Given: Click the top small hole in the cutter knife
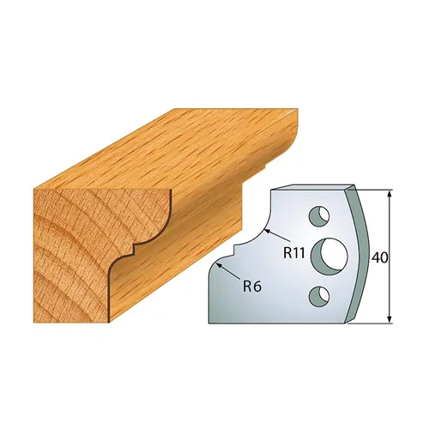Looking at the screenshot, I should point(320,214).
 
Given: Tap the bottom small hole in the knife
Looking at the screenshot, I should point(320,295).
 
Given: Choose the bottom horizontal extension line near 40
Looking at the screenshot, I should point(378,325).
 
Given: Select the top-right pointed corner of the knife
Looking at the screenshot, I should point(354,184).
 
